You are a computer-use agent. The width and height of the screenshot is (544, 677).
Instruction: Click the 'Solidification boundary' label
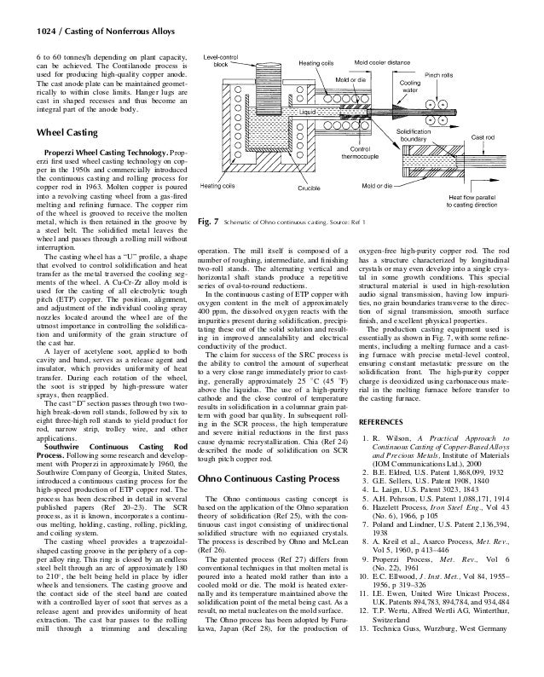click(x=420, y=136)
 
